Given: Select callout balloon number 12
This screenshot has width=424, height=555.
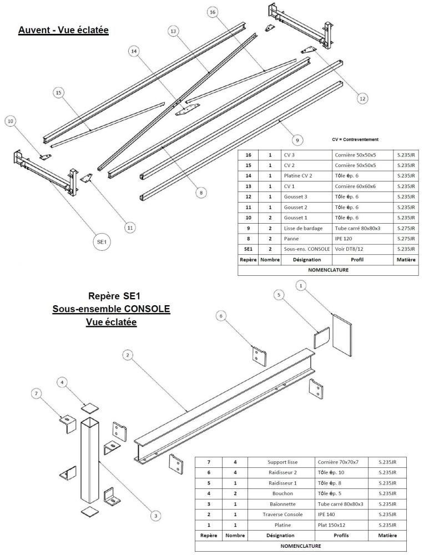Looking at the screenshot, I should (362, 98).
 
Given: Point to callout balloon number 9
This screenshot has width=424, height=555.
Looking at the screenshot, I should (296, 140).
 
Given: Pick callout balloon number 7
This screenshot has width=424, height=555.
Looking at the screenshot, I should (37, 393).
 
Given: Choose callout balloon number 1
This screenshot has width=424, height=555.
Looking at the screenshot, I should (300, 285).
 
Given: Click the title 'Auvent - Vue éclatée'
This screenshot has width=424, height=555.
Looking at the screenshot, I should (63, 29).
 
